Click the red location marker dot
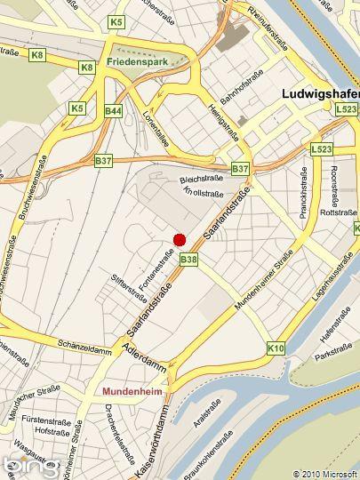179,239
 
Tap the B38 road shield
188,260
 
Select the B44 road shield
113,111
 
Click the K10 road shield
276,349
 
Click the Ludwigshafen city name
319,92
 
